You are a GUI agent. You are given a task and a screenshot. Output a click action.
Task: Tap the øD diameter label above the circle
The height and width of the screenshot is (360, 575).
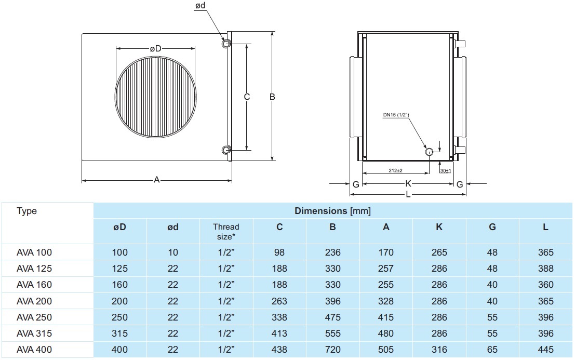coord(155,48)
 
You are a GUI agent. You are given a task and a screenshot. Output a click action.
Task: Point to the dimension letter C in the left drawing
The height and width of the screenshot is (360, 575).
coord(247,97)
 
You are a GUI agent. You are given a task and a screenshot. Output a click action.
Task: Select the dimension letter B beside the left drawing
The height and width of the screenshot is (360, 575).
coord(272,97)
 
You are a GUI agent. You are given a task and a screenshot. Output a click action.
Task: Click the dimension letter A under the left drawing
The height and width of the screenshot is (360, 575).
coord(156,180)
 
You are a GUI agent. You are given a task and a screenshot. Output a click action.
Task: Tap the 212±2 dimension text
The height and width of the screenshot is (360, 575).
coord(395,170)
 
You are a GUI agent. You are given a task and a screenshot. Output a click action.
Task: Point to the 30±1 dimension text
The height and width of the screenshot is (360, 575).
coord(445,170)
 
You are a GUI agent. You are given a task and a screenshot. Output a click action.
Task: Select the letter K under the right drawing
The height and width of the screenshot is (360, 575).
coord(408,183)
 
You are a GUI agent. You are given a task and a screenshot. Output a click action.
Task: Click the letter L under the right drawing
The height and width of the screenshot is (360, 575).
coord(408,194)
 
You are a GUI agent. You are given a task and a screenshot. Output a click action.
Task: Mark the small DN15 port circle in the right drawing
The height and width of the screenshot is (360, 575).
coord(429,152)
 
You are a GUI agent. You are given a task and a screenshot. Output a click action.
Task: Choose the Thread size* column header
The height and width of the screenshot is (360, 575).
coord(226,232)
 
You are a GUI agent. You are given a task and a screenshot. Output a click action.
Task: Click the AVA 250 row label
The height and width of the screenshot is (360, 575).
coord(34,317)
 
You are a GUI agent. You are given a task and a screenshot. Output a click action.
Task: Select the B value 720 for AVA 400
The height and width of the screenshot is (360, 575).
coord(332,350)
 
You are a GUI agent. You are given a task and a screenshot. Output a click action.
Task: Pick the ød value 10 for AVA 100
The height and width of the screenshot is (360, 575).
coord(173,253)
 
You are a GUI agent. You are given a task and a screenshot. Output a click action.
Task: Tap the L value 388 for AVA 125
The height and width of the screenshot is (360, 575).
coord(546,269)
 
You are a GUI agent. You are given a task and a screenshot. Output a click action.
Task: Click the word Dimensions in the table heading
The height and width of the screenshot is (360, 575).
coord(320,211)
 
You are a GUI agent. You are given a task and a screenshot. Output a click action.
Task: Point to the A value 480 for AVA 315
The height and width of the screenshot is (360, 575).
coord(386,334)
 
